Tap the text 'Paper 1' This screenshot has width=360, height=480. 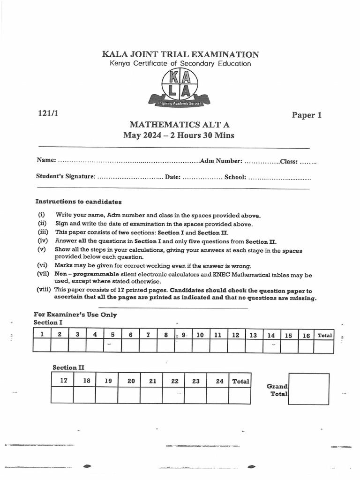307,115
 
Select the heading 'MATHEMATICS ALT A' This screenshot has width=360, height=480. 180,125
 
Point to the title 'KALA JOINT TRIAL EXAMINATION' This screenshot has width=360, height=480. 180,54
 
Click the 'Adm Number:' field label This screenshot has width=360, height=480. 221,161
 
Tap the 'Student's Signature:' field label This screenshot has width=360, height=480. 66,177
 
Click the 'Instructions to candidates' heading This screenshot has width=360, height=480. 78,202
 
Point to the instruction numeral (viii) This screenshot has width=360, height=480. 44,290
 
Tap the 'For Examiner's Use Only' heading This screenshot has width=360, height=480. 75,315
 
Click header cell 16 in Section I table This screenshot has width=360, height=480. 306,335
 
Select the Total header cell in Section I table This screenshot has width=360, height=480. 324,335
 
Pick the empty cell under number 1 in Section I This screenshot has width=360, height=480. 42,346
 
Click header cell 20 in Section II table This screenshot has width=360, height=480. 131,381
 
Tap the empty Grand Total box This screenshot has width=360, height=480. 308,389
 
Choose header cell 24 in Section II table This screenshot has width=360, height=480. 219,381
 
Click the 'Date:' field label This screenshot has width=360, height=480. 172,177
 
